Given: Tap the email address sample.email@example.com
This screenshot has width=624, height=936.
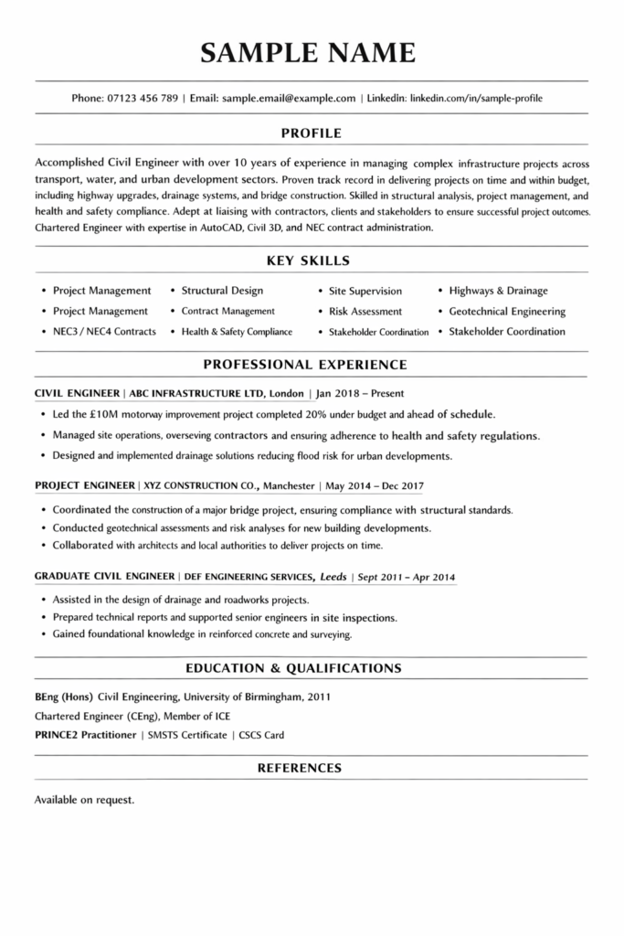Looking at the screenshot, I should (x=288, y=97).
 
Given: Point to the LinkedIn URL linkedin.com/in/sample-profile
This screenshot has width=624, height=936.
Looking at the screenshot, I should (x=481, y=97).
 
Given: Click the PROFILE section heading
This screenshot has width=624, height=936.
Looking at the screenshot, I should (x=312, y=132).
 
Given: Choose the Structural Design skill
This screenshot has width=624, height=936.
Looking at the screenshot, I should (x=222, y=291).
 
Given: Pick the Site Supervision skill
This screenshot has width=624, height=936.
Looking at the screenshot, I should (x=365, y=291).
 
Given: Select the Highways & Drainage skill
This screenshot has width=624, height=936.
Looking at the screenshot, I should (x=498, y=291).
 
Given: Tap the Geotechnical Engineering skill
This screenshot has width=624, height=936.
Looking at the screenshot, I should (x=507, y=311).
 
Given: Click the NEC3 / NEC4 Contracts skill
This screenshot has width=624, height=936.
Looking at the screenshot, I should (x=104, y=331).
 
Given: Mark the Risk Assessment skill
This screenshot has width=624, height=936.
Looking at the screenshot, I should (x=365, y=311).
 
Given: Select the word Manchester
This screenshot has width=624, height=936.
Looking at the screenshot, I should (x=289, y=485).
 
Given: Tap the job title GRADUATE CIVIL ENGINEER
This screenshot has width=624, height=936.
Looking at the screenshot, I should (x=104, y=577).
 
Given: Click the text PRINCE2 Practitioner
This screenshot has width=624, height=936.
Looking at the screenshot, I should (x=85, y=735).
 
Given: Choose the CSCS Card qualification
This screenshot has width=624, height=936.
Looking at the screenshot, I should (x=262, y=735).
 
